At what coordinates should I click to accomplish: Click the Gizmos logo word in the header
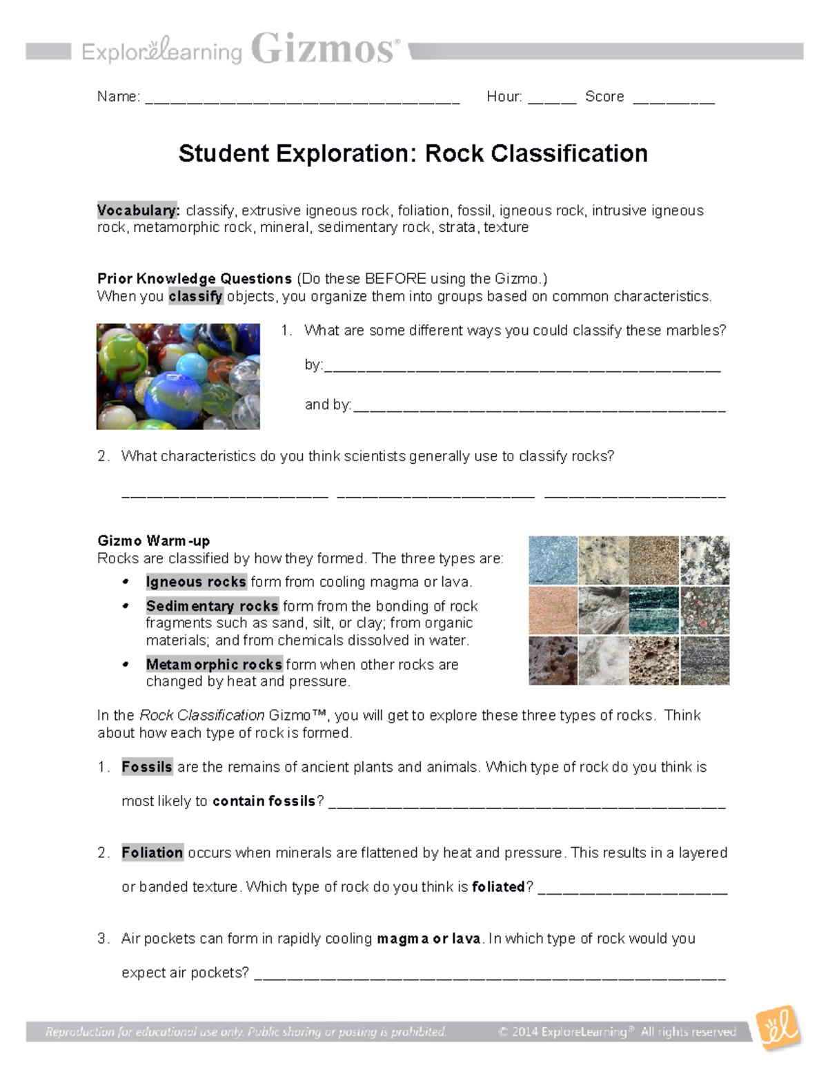tap(324, 49)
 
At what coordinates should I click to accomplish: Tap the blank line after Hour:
tap(552, 101)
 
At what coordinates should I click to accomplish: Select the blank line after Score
tap(673, 101)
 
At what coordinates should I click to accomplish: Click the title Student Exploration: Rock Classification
tap(413, 153)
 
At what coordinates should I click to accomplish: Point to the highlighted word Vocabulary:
tap(138, 211)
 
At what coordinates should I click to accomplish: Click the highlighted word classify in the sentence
tap(196, 297)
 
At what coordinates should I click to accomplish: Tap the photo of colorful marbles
tap(178, 376)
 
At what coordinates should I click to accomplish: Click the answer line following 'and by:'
tap(538, 409)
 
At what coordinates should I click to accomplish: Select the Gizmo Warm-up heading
tap(153, 540)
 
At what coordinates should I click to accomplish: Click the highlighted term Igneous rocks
tap(196, 582)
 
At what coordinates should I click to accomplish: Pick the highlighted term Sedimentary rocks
tap(212, 606)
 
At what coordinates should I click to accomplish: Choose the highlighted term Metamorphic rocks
tap(214, 665)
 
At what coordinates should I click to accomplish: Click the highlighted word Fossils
tap(147, 767)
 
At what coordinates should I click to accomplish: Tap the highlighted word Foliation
tap(152, 852)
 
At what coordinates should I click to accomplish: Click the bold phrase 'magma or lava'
tap(428, 939)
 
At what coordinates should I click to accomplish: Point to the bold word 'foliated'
tap(498, 887)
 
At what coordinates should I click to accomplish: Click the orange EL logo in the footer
tap(779, 1028)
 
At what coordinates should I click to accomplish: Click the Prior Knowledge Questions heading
tap(195, 279)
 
